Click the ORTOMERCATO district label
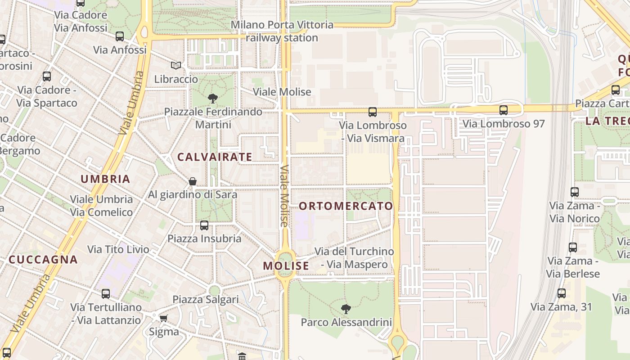pyautogui.click(x=346, y=206)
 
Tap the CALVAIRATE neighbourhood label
pyautogui.click(x=215, y=157)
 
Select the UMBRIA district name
pyautogui.click(x=105, y=179)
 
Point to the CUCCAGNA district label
pyautogui.click(x=43, y=260)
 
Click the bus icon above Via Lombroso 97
pyautogui.click(x=503, y=110)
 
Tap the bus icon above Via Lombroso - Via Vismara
pyautogui.click(x=372, y=112)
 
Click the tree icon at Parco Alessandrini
pyautogui.click(x=346, y=309)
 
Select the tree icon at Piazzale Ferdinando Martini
pyautogui.click(x=213, y=98)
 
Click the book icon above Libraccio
pyautogui.click(x=175, y=66)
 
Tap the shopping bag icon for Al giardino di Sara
pyautogui.click(x=193, y=181)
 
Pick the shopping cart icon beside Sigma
pyautogui.click(x=163, y=318)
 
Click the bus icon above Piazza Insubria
pyautogui.click(x=204, y=225)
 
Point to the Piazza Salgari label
pyautogui.click(x=206, y=299)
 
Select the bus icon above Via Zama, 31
pyautogui.click(x=562, y=293)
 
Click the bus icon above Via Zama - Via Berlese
pyautogui.click(x=572, y=247)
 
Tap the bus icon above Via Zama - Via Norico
pyautogui.click(x=574, y=192)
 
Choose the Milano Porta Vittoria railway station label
pyautogui.click(x=282, y=31)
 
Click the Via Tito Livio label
pyautogui.click(x=118, y=249)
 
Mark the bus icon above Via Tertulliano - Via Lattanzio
pyautogui.click(x=106, y=294)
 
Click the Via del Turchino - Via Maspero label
pyautogui.click(x=354, y=258)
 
